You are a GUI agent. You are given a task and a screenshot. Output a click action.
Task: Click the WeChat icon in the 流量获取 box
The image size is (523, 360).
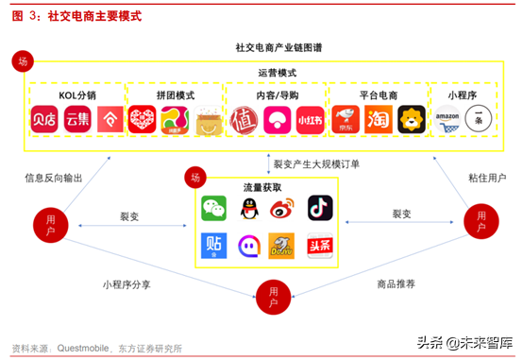(x=214, y=206)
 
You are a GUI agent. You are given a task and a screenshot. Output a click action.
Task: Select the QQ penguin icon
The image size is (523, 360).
(x=250, y=206)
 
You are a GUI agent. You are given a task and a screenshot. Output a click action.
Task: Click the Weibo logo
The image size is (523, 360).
(x=285, y=206)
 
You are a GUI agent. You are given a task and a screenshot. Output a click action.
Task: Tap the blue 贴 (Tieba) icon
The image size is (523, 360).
(x=214, y=245)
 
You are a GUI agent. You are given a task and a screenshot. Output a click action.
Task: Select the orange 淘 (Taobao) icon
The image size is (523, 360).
(x=379, y=120)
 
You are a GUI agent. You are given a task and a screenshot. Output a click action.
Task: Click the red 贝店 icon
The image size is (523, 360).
(x=44, y=120)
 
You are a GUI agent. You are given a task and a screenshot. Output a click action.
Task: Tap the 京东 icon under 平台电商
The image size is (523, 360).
(x=346, y=120)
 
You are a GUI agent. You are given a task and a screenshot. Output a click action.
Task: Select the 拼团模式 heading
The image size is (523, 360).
(x=175, y=95)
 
